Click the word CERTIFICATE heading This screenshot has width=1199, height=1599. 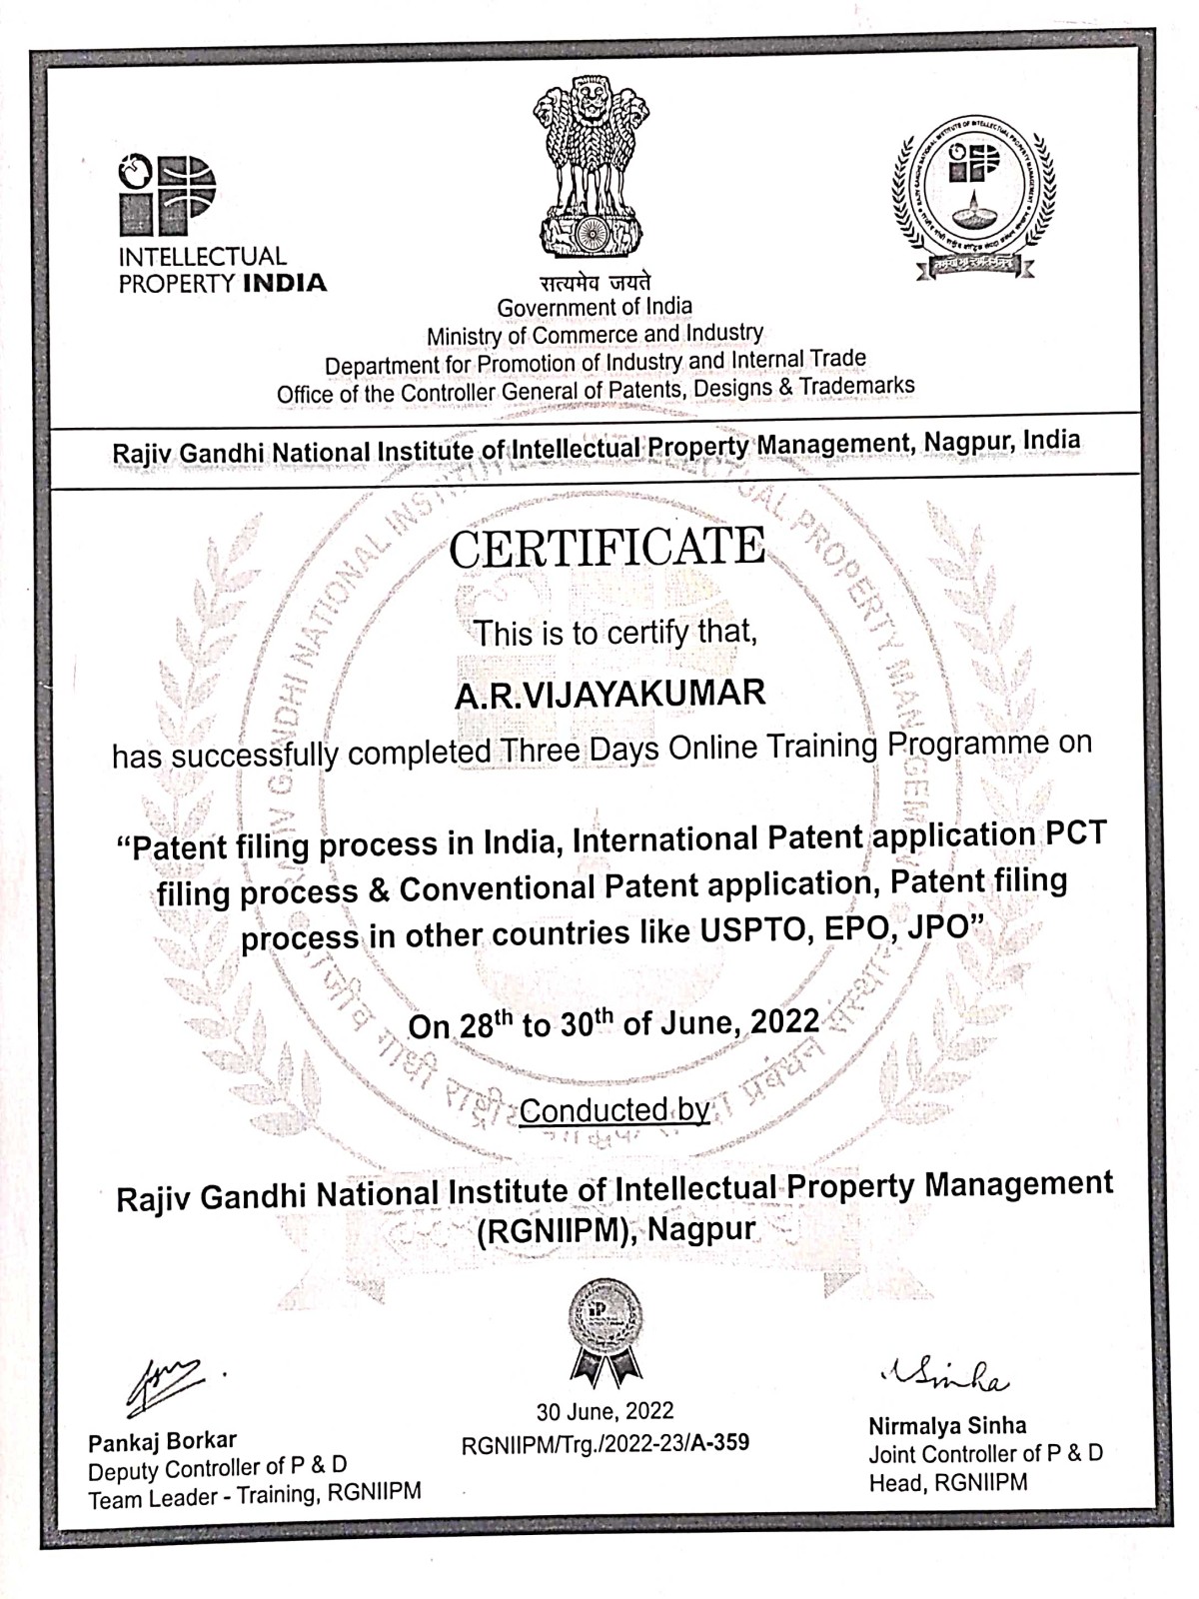point(606,549)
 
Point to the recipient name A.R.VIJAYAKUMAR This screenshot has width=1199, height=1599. point(609,694)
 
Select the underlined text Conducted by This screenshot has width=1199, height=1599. point(614,1110)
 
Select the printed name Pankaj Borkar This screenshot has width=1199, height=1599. point(162,1441)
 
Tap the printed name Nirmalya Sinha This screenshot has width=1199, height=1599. point(947,1425)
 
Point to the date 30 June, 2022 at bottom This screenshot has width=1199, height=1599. point(604,1411)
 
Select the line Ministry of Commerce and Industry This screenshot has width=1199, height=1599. point(595,335)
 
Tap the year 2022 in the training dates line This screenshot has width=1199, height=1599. point(784,1022)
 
